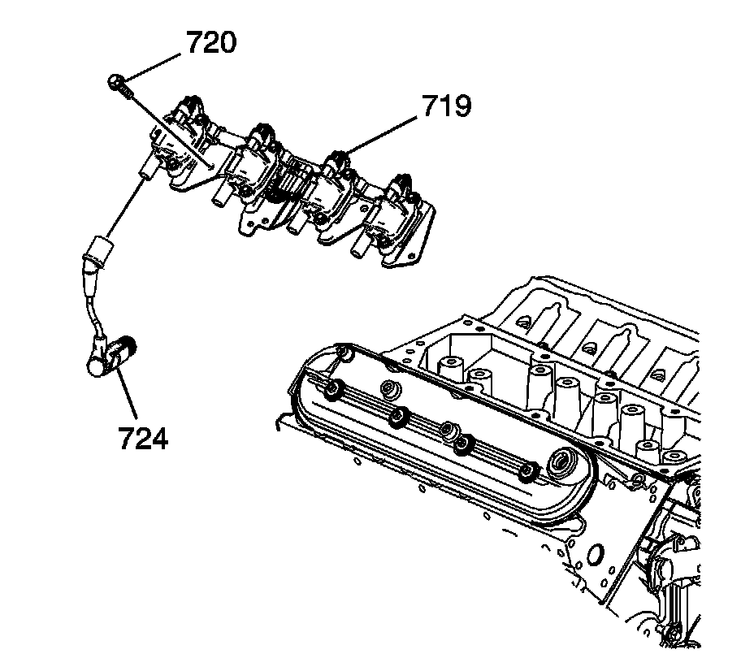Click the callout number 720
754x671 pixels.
(x=211, y=42)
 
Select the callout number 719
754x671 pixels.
(x=445, y=106)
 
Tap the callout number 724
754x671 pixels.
(x=143, y=439)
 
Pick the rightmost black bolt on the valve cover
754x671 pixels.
(x=530, y=470)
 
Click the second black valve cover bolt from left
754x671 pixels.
(x=397, y=418)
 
